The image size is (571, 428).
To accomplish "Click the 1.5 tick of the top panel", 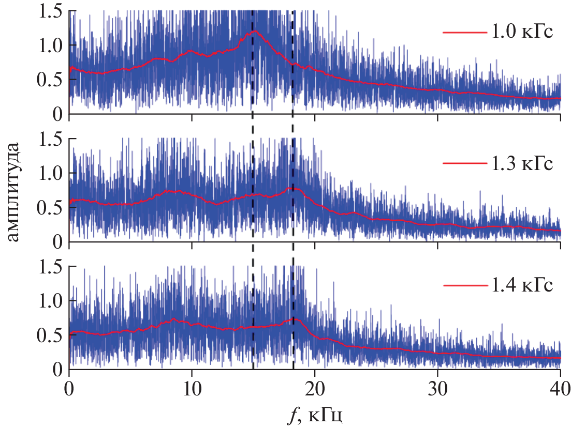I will [x=50, y=11].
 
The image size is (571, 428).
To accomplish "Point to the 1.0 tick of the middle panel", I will [x=50, y=173].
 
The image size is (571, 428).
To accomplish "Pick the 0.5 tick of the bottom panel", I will [x=50, y=335].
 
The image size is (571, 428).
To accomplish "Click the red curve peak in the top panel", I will [x=255, y=32].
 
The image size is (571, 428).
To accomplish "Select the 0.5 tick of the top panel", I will [x=50, y=80].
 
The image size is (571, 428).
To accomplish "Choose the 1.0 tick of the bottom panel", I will [x=50, y=301].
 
